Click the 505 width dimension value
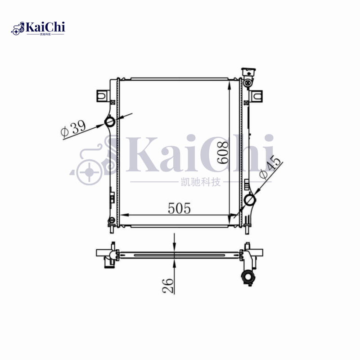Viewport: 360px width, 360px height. point(180,208)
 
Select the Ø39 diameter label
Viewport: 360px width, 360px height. point(73,129)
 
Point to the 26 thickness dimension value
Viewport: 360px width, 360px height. point(168,285)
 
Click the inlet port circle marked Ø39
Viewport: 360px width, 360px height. point(110,122)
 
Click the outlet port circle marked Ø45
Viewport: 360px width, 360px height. point(250,199)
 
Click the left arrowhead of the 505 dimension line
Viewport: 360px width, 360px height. point(123,215)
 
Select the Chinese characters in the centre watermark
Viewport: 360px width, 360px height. point(198,183)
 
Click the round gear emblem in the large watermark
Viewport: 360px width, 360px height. point(89,173)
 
